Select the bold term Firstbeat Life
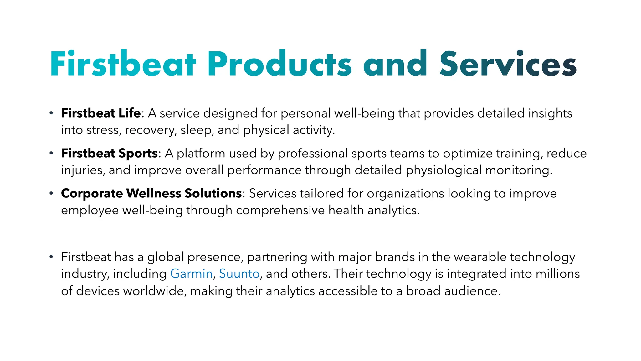pyautogui.click(x=101, y=113)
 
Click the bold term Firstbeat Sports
pyautogui.click(x=109, y=153)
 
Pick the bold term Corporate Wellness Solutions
pyautogui.click(x=151, y=193)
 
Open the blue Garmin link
pyautogui.click(x=191, y=274)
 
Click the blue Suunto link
pyautogui.click(x=239, y=274)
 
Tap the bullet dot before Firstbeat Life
pyautogui.click(x=51, y=113)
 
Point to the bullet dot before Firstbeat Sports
pyautogui.click(x=51, y=154)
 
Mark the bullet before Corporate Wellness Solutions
pyautogui.click(x=51, y=194)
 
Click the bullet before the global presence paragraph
pyautogui.click(x=51, y=257)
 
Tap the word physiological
pyautogui.click(x=444, y=170)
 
